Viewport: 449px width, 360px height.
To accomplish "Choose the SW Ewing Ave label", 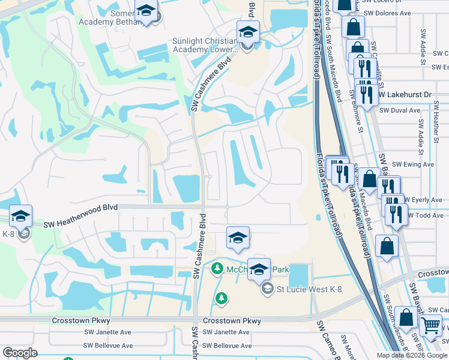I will pyautogui.click(x=412, y=164).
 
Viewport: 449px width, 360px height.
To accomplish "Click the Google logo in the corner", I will pyautogui.click(x=20, y=353).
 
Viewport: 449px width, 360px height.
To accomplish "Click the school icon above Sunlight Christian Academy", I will pyautogui.click(x=247, y=32).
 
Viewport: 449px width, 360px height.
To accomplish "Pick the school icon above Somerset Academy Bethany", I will pyautogui.click(x=145, y=11).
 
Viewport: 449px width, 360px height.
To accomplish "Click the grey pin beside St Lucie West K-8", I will pyautogui.click(x=268, y=289).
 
